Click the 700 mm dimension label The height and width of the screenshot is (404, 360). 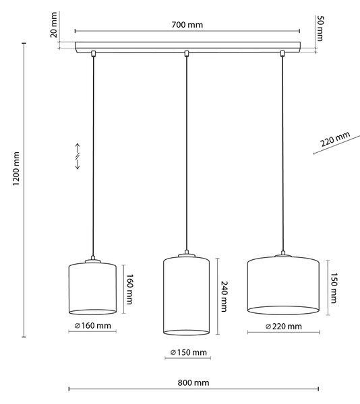(x=187, y=25)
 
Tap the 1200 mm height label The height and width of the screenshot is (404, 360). (x=16, y=169)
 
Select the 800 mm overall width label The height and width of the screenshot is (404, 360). (x=193, y=382)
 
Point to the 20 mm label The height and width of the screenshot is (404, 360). (x=54, y=25)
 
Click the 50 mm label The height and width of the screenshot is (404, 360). (x=320, y=28)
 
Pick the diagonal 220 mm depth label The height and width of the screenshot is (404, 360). (x=335, y=139)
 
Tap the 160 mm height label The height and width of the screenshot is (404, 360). (x=129, y=289)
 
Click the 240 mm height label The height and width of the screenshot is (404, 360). (x=224, y=296)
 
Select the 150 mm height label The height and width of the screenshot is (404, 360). (x=334, y=288)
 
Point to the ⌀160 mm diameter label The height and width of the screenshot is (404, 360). (x=92, y=326)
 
